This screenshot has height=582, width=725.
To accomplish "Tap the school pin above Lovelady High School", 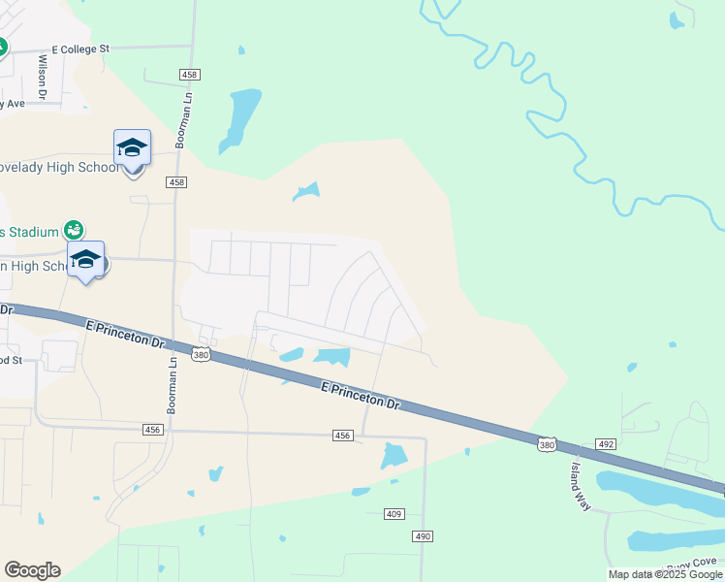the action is pyautogui.click(x=132, y=148).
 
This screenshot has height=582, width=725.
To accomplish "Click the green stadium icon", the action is pyautogui.click(x=73, y=230).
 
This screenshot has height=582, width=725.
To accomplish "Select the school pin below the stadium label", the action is pyautogui.click(x=85, y=259).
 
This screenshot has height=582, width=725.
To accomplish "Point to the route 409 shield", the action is pyautogui.click(x=394, y=513).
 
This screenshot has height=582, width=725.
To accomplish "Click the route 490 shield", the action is pyautogui.click(x=422, y=535).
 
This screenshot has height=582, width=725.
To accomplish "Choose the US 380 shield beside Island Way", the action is pyautogui.click(x=547, y=442).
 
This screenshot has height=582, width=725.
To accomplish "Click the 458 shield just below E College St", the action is pyautogui.click(x=190, y=75).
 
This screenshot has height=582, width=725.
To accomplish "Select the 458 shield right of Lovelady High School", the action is pyautogui.click(x=176, y=181).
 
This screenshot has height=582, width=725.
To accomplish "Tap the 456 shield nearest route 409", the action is pyautogui.click(x=341, y=436).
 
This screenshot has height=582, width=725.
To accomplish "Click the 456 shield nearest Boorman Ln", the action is pyautogui.click(x=151, y=428).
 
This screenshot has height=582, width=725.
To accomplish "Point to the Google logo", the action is pyautogui.click(x=32, y=570).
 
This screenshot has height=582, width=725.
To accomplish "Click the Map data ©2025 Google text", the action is pyautogui.click(x=665, y=574).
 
